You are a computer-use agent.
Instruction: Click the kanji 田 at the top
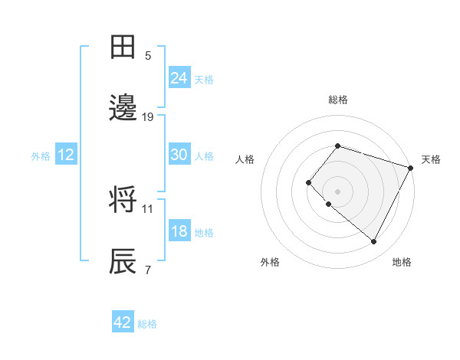(123, 47)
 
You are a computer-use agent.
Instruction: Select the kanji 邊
(123, 108)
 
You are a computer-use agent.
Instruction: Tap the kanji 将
(123, 200)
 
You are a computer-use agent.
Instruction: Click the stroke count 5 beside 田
(148, 55)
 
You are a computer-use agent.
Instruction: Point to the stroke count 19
(148, 116)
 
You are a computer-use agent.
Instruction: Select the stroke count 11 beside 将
(148, 208)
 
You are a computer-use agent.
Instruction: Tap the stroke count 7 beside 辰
(148, 270)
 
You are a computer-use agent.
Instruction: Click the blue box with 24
(179, 77)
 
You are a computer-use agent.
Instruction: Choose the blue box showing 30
(179, 154)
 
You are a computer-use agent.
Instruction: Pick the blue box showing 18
(179, 231)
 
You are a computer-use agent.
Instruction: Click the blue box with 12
(66, 155)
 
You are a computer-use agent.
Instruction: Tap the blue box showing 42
(123, 322)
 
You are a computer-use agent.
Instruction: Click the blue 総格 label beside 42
(147, 324)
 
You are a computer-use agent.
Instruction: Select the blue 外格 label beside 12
(41, 156)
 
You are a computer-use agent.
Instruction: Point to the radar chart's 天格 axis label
(431, 159)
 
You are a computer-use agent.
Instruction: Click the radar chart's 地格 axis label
(402, 263)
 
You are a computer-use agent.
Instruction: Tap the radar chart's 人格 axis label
(245, 159)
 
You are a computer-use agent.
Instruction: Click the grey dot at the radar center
(337, 191)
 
